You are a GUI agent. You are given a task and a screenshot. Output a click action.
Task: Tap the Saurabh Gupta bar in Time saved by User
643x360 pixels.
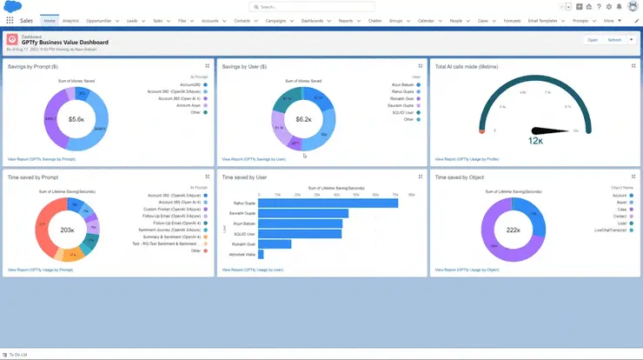pos(303,213)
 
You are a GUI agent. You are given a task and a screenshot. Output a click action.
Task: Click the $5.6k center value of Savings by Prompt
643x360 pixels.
pos(76,119)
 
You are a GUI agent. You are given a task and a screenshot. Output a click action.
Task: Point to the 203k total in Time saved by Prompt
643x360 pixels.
pos(67,230)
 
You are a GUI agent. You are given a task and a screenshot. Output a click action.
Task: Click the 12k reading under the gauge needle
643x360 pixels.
pos(535,139)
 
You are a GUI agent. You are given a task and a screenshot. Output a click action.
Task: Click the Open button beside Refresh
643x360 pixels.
pos(593,40)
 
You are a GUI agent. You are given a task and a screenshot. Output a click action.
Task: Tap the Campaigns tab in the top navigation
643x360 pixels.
pos(276,19)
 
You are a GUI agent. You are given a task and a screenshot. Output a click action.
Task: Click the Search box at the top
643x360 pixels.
pos(321,6)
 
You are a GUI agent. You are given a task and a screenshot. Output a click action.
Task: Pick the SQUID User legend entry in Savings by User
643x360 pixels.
pos(403,112)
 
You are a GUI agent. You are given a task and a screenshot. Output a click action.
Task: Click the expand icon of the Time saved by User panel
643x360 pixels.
pos(422,177)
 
